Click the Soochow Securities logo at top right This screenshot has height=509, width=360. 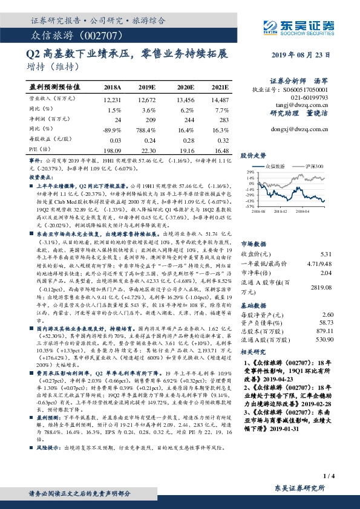(x=299, y=25)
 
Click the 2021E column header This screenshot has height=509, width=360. (x=220, y=88)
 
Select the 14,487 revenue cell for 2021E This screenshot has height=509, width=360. (x=220, y=99)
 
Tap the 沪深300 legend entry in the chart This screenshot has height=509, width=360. (x=314, y=165)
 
